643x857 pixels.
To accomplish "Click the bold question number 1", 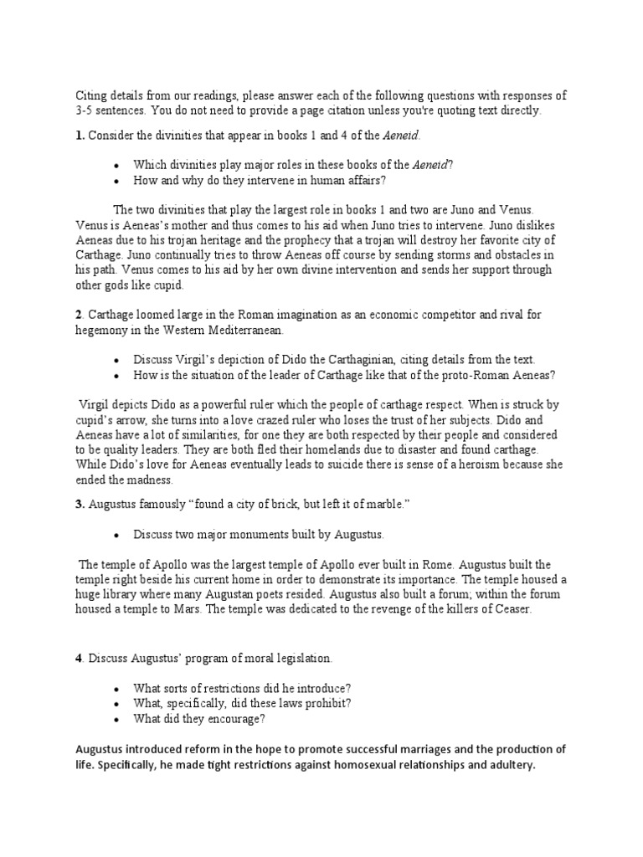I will (79, 136).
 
